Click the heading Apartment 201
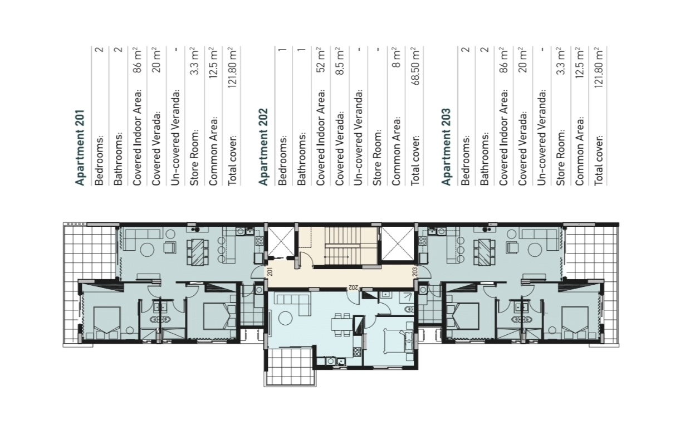coord(80,147)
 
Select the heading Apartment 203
coord(446,147)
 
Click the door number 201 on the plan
coord(269,272)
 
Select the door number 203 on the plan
coord(415,272)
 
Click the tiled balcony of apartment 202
coord(290,367)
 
